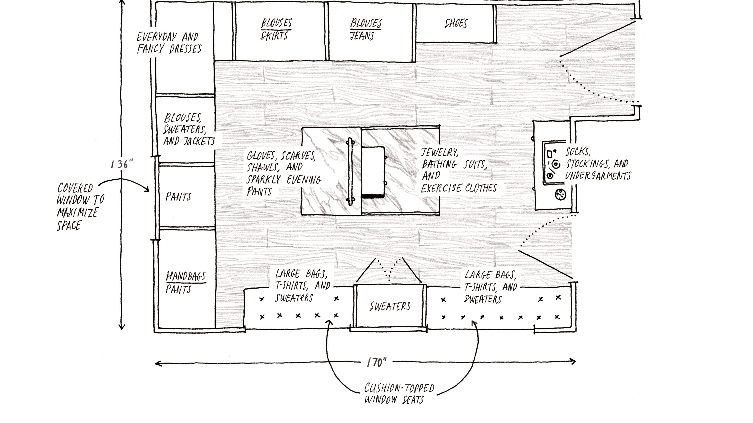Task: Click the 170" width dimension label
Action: click(x=376, y=362)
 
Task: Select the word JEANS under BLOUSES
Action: click(x=362, y=36)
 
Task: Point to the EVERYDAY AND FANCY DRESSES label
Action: click(x=169, y=43)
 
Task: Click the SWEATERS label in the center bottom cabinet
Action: click(x=390, y=306)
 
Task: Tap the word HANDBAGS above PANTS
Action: click(x=186, y=276)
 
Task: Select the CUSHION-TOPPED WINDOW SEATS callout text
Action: click(x=399, y=393)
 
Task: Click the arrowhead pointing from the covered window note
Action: click(x=148, y=191)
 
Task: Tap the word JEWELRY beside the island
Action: click(x=439, y=152)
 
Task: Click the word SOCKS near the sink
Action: click(x=577, y=152)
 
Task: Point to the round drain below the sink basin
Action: click(x=560, y=194)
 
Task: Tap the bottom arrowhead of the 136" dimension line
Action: click(x=122, y=328)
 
